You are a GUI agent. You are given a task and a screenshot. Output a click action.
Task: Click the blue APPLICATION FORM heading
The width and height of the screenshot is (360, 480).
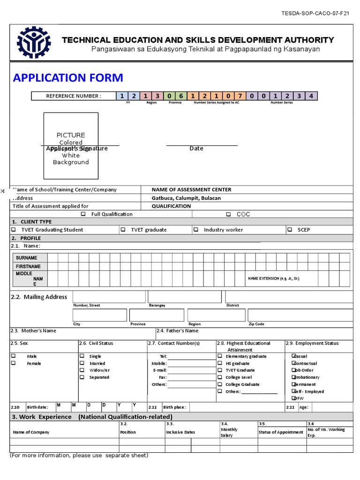pyautogui.click(x=68, y=77)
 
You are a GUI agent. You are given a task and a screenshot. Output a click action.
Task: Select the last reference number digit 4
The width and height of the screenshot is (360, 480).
pyautogui.click(x=311, y=96)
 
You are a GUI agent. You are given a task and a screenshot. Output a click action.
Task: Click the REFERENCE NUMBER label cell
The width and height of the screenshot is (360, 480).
pyautogui.click(x=74, y=96)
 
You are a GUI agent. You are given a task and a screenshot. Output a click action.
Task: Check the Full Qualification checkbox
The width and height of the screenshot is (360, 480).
pyautogui.click(x=83, y=214)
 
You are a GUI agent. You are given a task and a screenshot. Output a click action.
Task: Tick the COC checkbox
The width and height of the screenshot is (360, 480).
pyautogui.click(x=228, y=214)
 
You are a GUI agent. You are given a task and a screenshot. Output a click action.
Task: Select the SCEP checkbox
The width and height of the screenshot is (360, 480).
pyautogui.click(x=290, y=230)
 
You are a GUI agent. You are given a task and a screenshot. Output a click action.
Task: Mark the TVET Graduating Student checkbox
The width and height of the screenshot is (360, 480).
pyautogui.click(x=14, y=230)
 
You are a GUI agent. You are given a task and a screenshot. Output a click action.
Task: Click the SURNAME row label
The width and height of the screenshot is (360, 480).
pyautogui.click(x=26, y=258)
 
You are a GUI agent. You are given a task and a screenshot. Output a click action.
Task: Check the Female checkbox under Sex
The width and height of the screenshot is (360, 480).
pyautogui.click(x=14, y=363)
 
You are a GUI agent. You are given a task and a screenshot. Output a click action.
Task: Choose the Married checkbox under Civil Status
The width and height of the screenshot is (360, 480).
pyautogui.click(x=82, y=363)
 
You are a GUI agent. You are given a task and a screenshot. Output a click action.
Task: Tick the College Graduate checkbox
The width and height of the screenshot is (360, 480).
pyautogui.click(x=221, y=384)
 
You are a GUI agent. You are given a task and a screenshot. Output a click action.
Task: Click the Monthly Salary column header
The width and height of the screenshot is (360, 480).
pyautogui.click(x=229, y=432)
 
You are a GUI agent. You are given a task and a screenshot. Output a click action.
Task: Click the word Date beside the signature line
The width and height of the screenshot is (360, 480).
pyautogui.click(x=196, y=149)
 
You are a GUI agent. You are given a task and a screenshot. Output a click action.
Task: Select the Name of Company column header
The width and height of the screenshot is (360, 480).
pyautogui.click(x=31, y=432)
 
